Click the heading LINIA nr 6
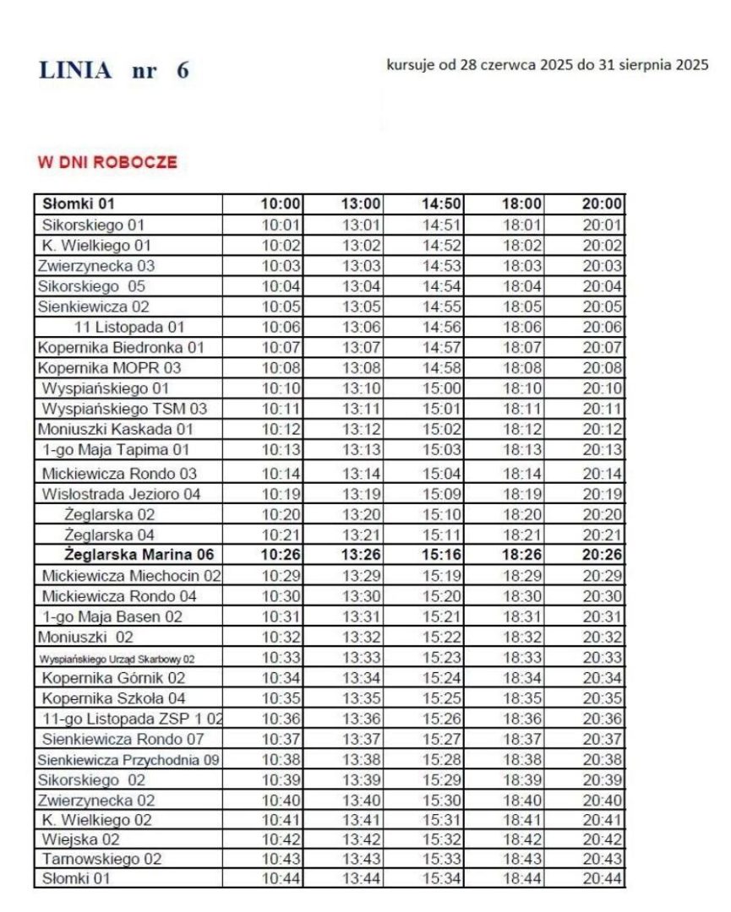click(113, 70)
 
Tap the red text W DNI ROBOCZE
click(107, 162)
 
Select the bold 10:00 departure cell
click(281, 204)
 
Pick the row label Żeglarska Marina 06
click(139, 554)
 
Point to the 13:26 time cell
click(362, 554)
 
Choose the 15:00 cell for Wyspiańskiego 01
click(441, 388)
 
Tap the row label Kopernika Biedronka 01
click(121, 347)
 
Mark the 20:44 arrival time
click(602, 879)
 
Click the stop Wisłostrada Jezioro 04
click(121, 493)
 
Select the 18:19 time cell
click(522, 493)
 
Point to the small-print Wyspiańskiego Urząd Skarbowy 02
click(117, 658)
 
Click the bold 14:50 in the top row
click(442, 204)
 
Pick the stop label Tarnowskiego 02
click(101, 859)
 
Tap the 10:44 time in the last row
click(281, 879)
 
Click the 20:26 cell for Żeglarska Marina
click(602, 554)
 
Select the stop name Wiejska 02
click(81, 839)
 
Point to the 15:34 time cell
click(442, 879)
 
